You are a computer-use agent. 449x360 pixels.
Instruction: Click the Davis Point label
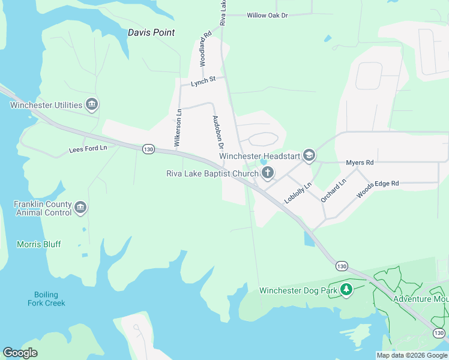[x=151, y=32]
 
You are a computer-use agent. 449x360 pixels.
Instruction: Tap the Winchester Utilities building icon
[x=92, y=105]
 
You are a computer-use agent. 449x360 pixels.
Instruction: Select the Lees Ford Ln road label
[x=88, y=148]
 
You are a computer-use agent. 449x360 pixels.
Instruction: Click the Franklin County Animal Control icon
[x=80, y=208]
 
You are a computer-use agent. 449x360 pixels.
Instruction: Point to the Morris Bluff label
[x=39, y=244]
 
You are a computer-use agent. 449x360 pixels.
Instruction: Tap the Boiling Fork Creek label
[x=43, y=299]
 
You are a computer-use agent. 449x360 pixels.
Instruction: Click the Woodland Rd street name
[x=205, y=50]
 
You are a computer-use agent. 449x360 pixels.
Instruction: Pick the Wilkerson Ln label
[x=178, y=128]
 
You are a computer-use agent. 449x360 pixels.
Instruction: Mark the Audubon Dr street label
[x=218, y=133]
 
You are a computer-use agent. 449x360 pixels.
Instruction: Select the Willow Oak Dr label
[x=268, y=15]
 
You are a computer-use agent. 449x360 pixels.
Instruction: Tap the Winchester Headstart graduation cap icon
[x=309, y=156]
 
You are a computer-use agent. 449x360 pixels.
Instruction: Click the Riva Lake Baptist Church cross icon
[x=267, y=174]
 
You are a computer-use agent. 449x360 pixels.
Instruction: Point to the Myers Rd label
[x=360, y=163]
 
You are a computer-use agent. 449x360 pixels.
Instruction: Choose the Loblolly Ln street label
[x=298, y=193]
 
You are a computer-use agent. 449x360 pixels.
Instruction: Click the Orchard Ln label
[x=334, y=190]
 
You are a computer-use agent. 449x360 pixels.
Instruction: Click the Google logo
[x=20, y=353]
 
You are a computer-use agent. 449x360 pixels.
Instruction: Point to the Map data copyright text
[x=412, y=355]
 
